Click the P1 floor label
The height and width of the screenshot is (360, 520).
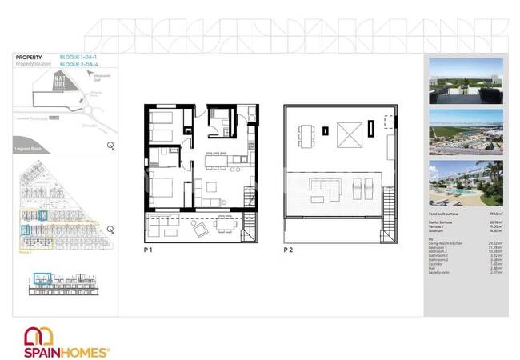tap(149, 250)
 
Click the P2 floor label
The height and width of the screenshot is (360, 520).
tap(288, 250)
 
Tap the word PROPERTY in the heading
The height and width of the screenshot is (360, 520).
tap(30, 57)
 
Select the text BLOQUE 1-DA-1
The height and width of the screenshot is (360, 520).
tap(87, 56)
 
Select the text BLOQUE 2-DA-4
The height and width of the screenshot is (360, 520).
tap(87, 63)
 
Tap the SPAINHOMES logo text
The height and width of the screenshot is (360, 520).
tap(67, 350)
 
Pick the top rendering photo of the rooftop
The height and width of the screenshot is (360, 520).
tap(466, 81)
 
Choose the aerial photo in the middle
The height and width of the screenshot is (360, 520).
tap(466, 133)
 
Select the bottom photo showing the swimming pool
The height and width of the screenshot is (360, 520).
tap(466, 184)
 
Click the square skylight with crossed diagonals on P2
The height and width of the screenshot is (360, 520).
tap(349, 132)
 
